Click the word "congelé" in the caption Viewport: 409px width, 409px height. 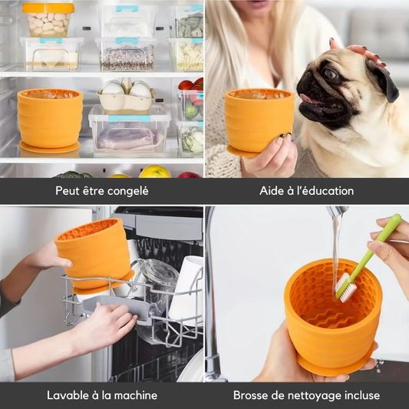click(128, 191)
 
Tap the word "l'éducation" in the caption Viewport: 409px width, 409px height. click(325, 190)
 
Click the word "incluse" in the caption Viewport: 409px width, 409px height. click(362, 395)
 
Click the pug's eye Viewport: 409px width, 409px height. click(331, 74)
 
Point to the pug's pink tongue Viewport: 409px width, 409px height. click(307, 98)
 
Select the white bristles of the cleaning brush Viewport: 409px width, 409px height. click(345, 287)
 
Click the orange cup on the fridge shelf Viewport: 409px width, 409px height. click(50, 120)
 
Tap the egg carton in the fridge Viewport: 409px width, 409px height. click(126, 95)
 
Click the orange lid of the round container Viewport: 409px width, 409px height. click(48, 8)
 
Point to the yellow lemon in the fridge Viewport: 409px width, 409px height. click(155, 172)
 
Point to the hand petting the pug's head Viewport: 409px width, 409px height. click(358, 51)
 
